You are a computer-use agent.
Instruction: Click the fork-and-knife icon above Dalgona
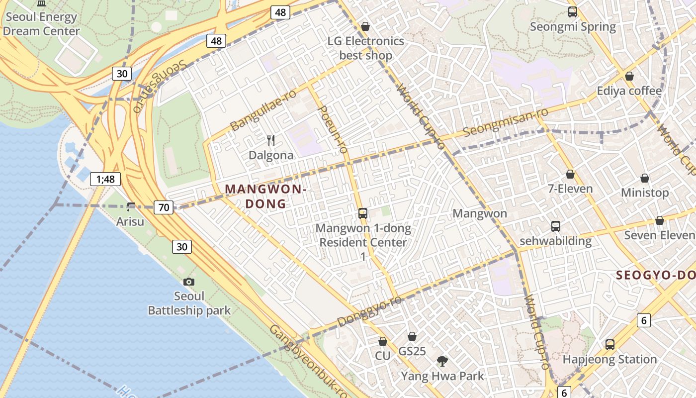271,140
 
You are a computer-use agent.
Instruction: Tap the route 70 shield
164,207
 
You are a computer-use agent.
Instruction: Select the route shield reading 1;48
105,179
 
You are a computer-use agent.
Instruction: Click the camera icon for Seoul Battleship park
188,282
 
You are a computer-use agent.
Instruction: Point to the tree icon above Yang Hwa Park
442,361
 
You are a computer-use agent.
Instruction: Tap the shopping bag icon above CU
382,341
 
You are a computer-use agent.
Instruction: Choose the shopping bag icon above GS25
412,336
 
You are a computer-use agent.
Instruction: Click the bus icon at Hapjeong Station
609,344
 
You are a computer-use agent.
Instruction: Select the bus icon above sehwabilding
555,226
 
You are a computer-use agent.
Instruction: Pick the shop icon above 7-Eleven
570,174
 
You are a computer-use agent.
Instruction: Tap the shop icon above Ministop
644,178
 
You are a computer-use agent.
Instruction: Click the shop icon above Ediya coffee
629,76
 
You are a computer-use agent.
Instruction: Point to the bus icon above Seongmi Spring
572,12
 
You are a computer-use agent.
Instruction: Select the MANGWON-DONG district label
265,196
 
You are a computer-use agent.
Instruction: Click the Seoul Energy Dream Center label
41,24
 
